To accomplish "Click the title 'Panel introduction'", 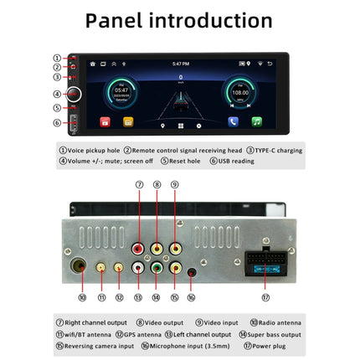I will (x=180, y=20).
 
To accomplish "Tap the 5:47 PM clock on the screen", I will (x=180, y=64).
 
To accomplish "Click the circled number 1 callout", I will (x=57, y=57).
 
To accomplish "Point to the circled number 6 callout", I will (x=57, y=122).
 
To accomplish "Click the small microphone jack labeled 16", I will (x=192, y=271).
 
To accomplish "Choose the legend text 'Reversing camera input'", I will (x=100, y=345).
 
